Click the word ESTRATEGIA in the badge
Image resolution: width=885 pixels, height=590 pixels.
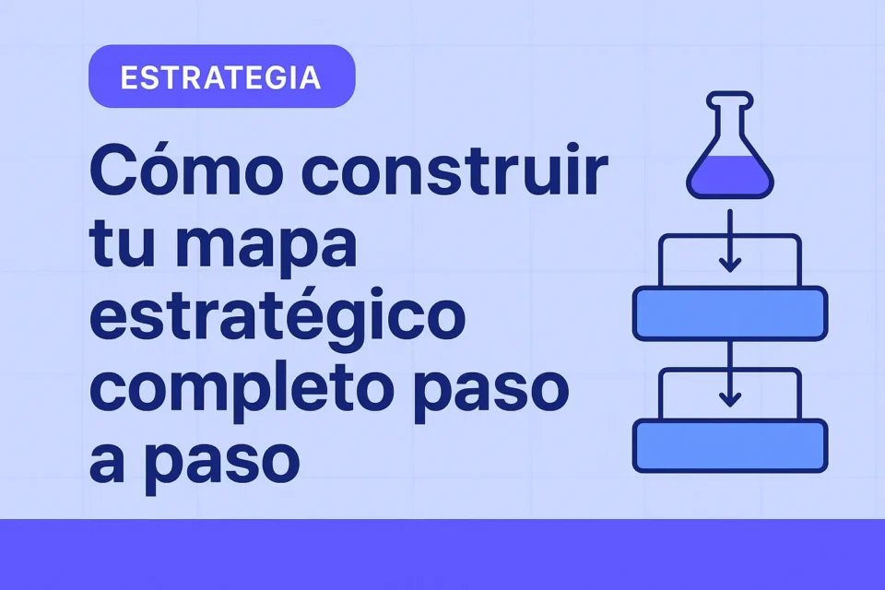coord(220,77)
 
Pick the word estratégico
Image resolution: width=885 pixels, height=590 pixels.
coord(277,318)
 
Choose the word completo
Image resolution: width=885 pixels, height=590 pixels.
coord(244,390)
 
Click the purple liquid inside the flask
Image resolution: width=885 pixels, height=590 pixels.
coord(730,175)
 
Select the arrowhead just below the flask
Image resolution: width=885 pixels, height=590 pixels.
coord(730,265)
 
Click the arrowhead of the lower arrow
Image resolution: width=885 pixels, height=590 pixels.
coord(730,399)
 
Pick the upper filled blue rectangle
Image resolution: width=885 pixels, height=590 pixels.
coord(730,313)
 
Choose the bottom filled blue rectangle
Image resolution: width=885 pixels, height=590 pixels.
coord(730,446)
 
